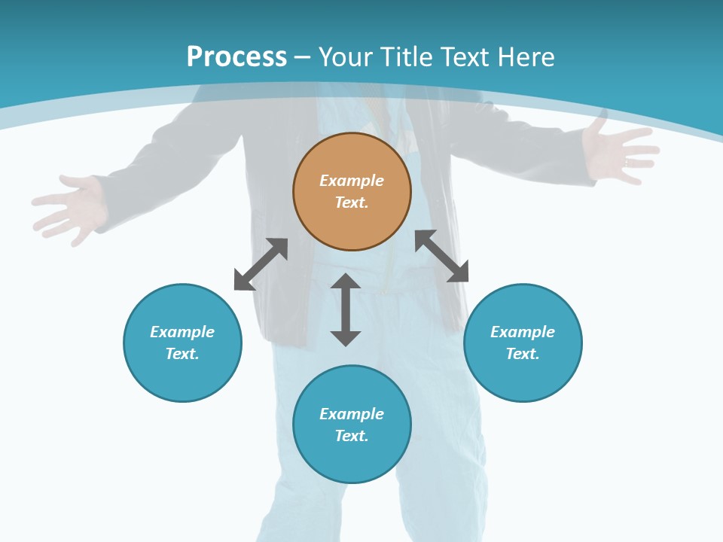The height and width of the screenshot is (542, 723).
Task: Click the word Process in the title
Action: (x=236, y=57)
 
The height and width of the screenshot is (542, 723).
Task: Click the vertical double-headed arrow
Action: (x=346, y=309)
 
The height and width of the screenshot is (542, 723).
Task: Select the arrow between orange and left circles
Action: (x=261, y=264)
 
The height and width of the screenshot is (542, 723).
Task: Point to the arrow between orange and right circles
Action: (x=442, y=256)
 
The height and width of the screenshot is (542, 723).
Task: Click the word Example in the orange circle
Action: (x=352, y=181)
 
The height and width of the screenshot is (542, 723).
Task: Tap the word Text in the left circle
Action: (x=182, y=354)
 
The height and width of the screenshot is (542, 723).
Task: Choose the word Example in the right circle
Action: (x=523, y=332)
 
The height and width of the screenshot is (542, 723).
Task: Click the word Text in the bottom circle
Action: (x=352, y=436)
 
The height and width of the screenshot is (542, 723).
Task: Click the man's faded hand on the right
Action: (x=618, y=151)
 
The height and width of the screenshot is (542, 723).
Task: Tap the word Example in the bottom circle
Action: (x=352, y=414)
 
